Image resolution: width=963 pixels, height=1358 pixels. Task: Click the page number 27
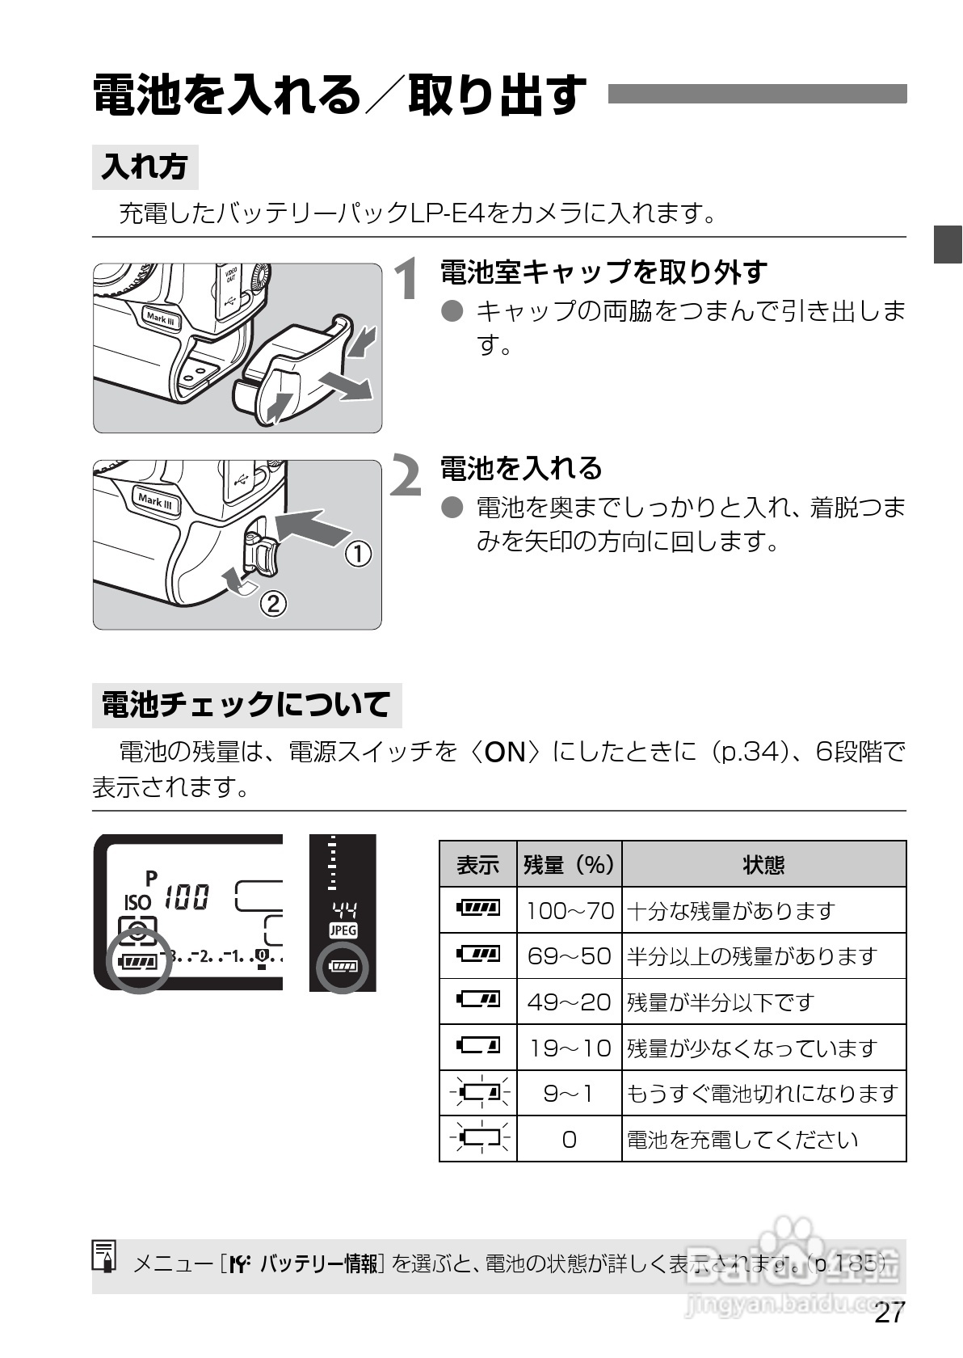click(889, 1313)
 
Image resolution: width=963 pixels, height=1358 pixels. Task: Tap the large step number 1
click(408, 280)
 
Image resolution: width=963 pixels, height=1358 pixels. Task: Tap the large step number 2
click(406, 476)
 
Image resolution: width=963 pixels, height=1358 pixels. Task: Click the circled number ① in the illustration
click(359, 555)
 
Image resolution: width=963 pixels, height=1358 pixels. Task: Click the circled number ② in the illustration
click(272, 603)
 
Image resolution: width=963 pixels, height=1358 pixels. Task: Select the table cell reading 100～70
click(570, 910)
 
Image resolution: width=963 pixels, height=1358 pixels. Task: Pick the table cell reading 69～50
click(570, 956)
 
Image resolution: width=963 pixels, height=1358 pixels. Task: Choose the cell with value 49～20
click(570, 1002)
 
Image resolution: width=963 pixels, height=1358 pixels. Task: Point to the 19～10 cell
click(570, 1048)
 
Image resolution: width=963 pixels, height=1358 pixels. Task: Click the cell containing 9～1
click(570, 1094)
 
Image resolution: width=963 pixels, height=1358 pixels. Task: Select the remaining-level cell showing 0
click(570, 1140)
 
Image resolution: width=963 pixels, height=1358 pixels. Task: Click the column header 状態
click(763, 865)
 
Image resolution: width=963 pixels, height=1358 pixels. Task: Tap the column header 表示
click(477, 865)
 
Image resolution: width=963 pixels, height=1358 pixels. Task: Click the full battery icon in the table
click(478, 909)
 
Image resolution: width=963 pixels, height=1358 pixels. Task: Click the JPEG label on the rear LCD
click(343, 930)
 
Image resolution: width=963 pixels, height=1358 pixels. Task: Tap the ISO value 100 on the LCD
click(187, 897)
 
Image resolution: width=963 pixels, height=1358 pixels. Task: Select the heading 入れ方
click(145, 167)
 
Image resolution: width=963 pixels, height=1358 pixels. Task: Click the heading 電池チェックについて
click(246, 705)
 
